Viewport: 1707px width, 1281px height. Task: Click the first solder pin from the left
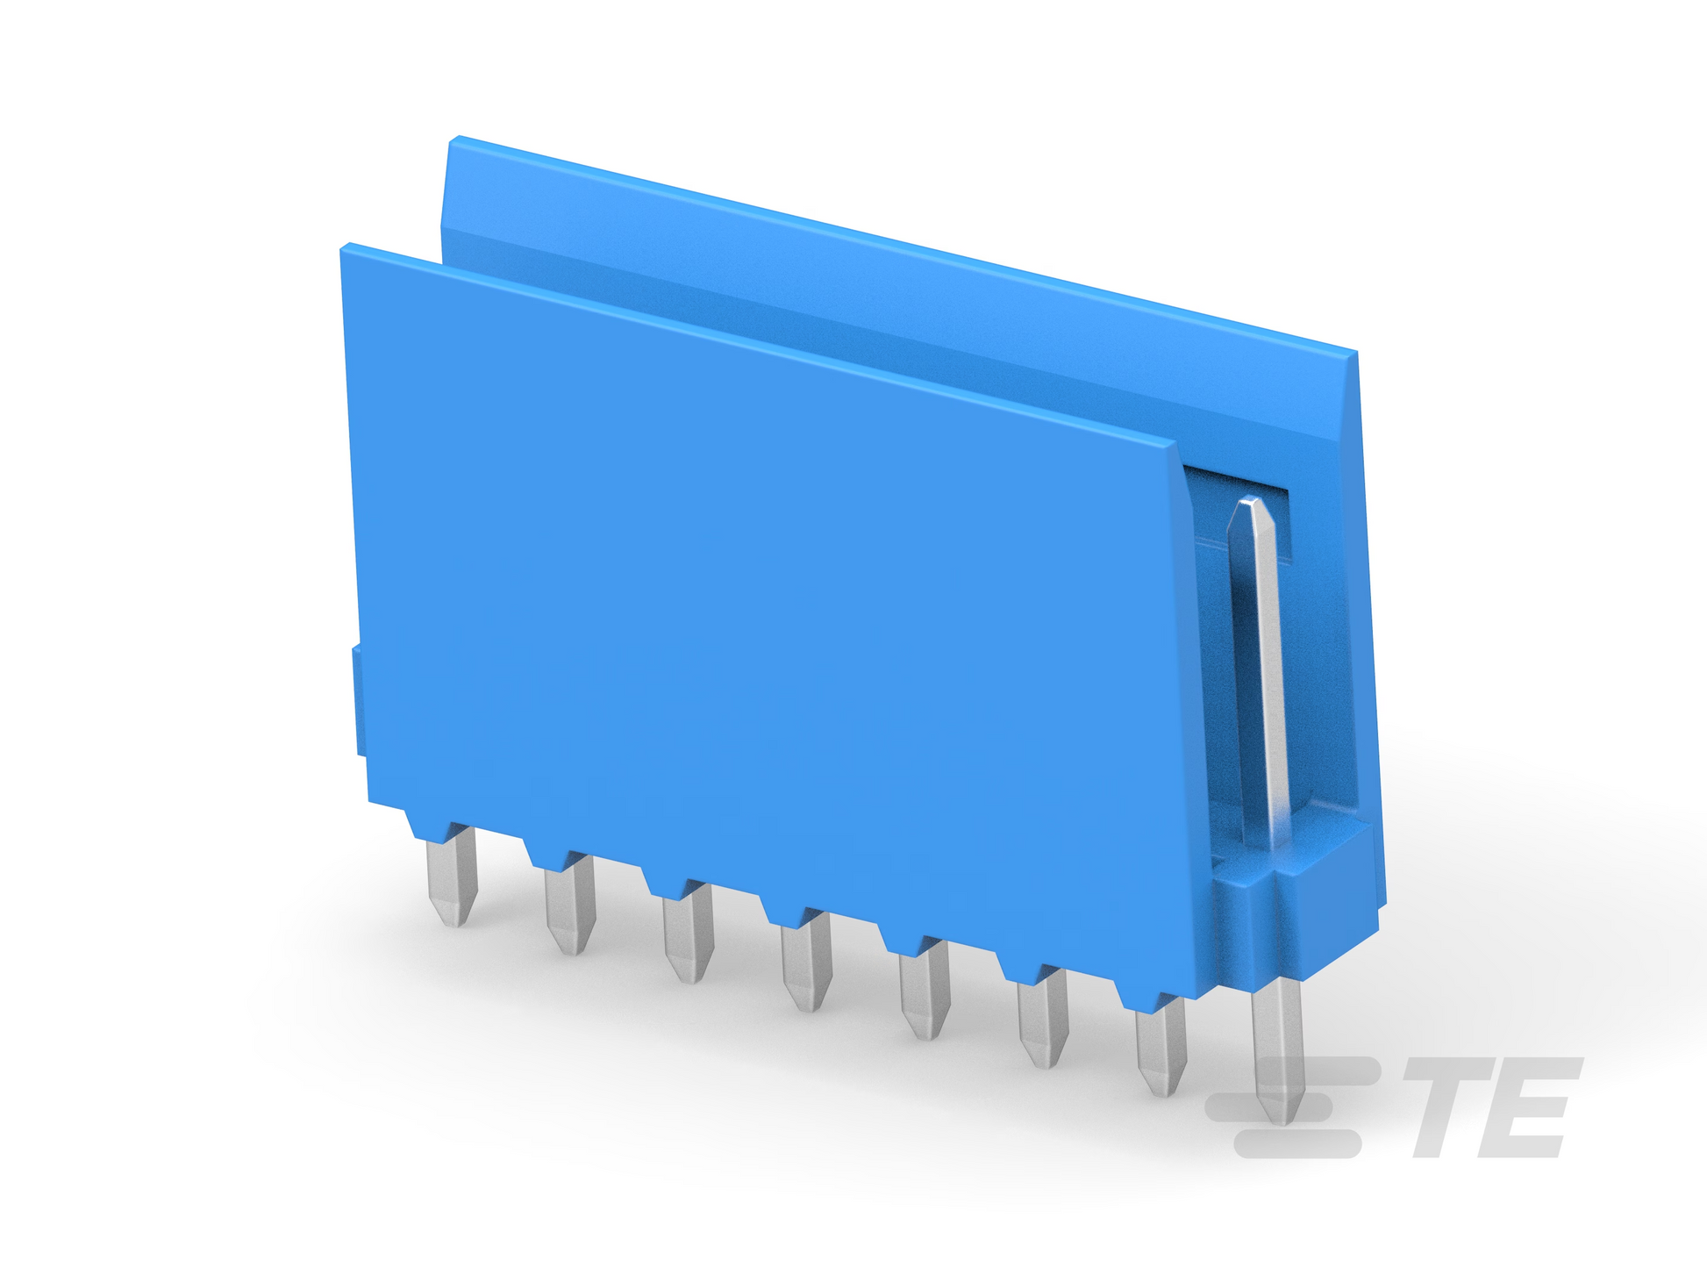tap(453, 882)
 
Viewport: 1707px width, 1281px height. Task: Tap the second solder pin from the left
tap(570, 908)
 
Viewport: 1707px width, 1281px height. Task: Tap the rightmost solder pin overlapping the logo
tap(1277, 1052)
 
